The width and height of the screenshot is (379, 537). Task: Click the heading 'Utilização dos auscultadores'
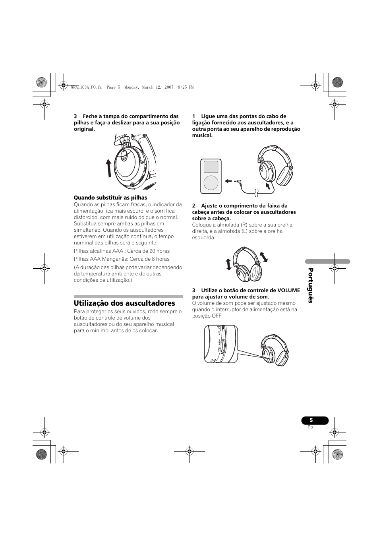(124, 303)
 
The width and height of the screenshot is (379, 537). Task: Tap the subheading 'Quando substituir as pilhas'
(110, 198)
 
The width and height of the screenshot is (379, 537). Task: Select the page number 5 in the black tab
(311, 421)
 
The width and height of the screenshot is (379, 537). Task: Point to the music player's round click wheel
(211, 183)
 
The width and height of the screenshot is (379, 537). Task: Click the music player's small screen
(211, 167)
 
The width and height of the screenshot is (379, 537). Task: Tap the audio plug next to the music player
(238, 181)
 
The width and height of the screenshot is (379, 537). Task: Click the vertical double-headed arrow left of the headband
(228, 264)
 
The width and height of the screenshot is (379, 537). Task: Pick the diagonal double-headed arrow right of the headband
(263, 257)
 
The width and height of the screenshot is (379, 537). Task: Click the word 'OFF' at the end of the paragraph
(217, 316)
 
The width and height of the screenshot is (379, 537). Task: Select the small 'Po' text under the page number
(310, 427)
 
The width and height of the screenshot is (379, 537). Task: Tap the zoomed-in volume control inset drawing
(221, 344)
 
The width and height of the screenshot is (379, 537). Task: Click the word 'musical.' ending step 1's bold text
(203, 136)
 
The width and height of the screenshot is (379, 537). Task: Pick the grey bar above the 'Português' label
(328, 262)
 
